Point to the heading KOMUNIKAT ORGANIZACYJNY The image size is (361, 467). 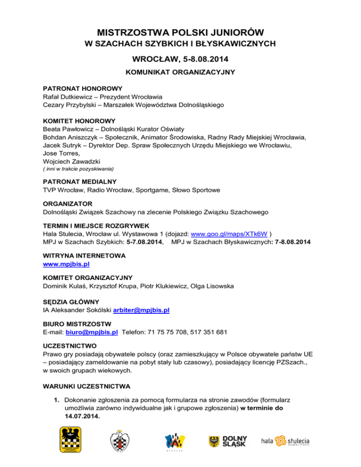(180, 73)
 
